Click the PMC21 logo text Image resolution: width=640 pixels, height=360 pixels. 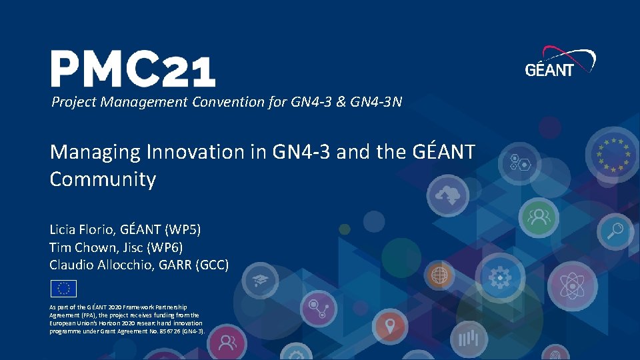(x=133, y=69)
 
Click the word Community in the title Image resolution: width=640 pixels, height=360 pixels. (x=103, y=179)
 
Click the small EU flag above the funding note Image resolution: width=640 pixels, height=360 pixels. (x=63, y=288)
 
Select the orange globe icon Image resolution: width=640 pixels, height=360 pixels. (x=439, y=273)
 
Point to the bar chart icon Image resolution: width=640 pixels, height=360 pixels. (x=471, y=340)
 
